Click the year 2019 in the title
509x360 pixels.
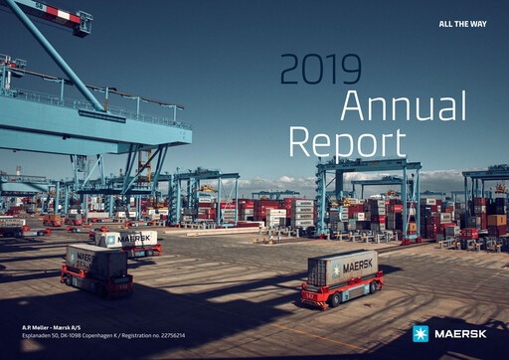click(x=320, y=69)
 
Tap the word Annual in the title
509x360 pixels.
click(x=403, y=107)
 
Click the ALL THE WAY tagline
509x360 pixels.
click(x=462, y=23)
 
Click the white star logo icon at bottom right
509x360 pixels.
click(x=421, y=333)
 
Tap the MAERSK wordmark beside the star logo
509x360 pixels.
click(x=459, y=333)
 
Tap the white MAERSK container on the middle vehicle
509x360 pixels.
click(x=129, y=239)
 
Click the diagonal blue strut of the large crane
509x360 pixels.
click(x=60, y=55)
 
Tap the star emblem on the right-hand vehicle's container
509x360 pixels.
click(x=336, y=271)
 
